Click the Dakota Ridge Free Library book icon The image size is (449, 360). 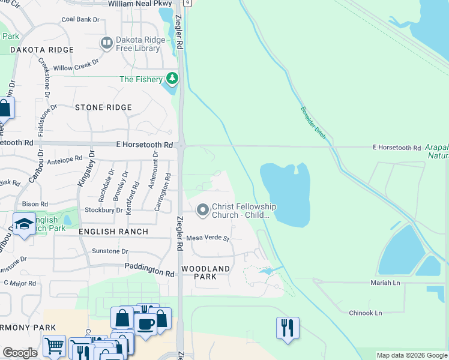[107, 43]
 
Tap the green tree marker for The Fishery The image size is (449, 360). [172, 79]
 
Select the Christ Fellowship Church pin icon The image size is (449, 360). [203, 210]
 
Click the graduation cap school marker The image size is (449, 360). [23, 224]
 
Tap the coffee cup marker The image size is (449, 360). [146, 325]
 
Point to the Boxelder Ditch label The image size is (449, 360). [313, 123]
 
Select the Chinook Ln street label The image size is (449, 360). [366, 313]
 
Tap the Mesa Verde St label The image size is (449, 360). [208, 238]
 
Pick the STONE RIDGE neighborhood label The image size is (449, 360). [103, 107]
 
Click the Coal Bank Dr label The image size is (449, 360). [80, 19]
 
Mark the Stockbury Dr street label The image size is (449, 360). [103, 211]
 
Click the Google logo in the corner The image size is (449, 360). [20, 353]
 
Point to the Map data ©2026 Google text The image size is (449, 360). [411, 355]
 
